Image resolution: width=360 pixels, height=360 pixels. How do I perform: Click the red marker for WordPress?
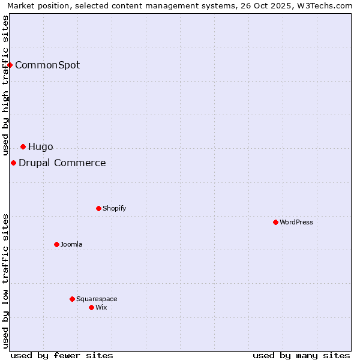[275, 222]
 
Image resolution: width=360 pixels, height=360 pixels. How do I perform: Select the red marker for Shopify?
[98, 208]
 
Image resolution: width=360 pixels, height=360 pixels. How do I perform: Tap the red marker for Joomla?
[56, 244]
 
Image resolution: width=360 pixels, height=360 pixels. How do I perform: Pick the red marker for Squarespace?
[72, 299]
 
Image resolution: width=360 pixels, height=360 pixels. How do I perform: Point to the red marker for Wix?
[91, 307]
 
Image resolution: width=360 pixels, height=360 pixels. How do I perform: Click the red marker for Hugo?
[23, 146]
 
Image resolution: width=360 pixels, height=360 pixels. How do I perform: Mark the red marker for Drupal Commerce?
[13, 163]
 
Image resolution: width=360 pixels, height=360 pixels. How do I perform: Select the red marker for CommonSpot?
[10, 65]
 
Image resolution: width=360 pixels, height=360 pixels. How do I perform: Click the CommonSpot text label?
[47, 65]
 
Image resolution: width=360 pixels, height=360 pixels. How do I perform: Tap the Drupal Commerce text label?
[62, 163]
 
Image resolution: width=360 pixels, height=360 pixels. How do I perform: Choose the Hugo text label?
[41, 146]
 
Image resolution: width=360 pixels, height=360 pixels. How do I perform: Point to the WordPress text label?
[296, 222]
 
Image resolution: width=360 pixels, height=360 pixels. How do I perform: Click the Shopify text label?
[115, 208]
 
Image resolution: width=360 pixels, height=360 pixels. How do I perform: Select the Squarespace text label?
[97, 299]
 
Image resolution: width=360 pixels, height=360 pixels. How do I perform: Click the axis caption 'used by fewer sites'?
[62, 355]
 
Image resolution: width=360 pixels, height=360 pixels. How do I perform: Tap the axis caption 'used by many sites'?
[301, 355]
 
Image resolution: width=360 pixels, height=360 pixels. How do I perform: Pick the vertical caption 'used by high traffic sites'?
[5, 85]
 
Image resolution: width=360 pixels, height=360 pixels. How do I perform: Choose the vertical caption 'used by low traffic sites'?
[5, 281]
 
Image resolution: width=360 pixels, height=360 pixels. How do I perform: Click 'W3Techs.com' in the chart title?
[329, 6]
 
